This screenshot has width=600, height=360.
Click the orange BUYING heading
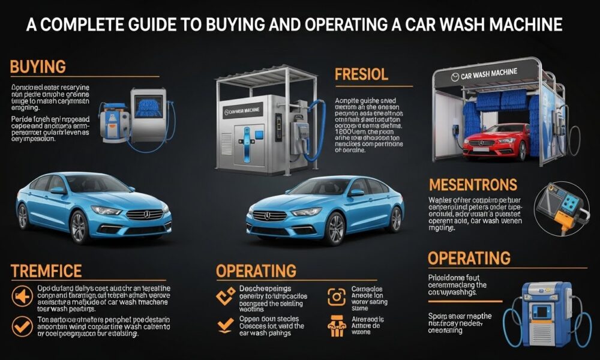(38, 67)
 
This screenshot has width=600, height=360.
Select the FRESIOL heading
(361, 75)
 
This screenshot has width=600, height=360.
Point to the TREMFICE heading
(46, 271)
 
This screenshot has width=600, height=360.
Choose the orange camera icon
(337, 296)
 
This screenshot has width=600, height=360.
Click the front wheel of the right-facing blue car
(79, 227)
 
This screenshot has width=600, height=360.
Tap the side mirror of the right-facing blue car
(58, 190)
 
